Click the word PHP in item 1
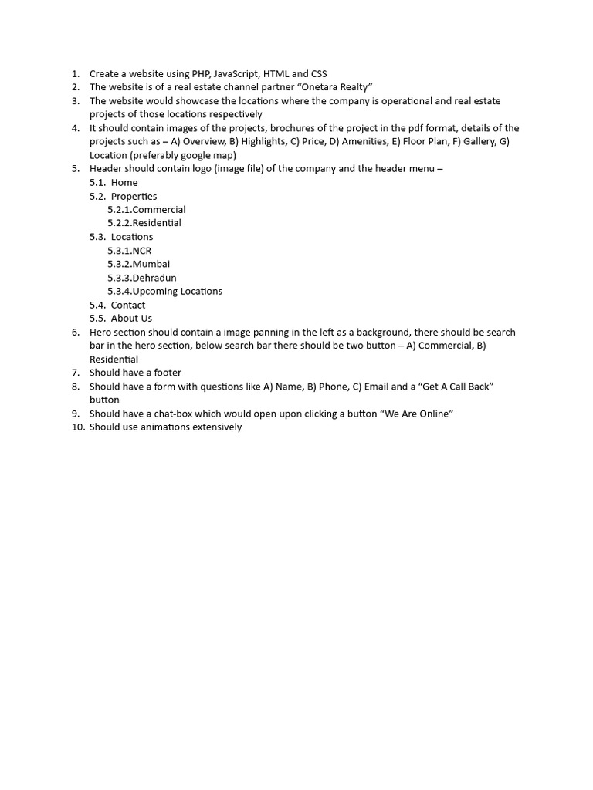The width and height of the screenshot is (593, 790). (x=202, y=74)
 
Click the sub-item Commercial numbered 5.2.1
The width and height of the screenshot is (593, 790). (x=159, y=210)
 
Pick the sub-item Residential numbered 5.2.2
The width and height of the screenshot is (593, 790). (x=157, y=223)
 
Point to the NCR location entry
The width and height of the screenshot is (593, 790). (x=142, y=251)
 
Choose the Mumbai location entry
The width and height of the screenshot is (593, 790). (x=151, y=264)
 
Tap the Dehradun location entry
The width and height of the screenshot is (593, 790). (x=154, y=278)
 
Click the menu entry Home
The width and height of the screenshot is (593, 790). (x=124, y=183)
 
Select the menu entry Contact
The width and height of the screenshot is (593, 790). (x=128, y=305)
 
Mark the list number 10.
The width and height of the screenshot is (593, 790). (x=75, y=427)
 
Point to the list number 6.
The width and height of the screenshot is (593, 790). (x=76, y=333)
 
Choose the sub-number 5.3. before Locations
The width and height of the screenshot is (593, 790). (x=98, y=237)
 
